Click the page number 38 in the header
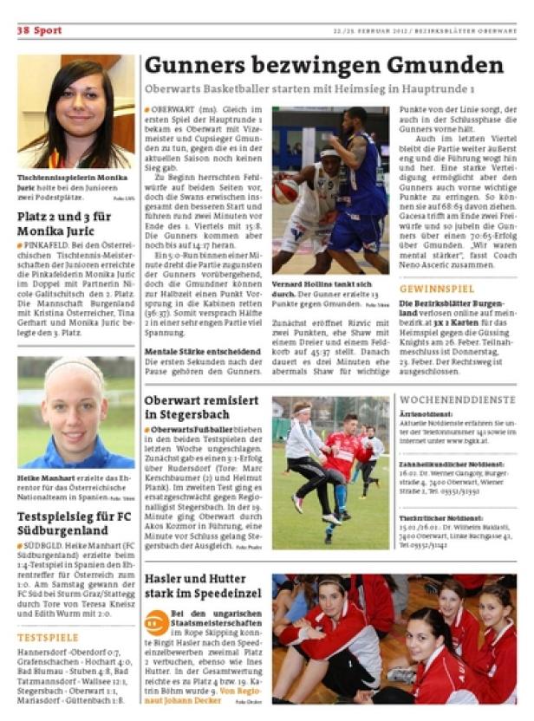point(23,30)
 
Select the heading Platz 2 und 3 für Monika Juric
point(64,223)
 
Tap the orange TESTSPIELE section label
point(48,638)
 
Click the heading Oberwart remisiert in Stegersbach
point(201,407)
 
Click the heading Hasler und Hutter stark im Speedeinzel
point(202,586)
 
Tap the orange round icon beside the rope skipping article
point(156,622)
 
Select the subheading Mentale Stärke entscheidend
point(202,352)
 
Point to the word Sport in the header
point(48,30)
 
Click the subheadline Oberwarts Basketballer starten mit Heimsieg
point(309,89)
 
